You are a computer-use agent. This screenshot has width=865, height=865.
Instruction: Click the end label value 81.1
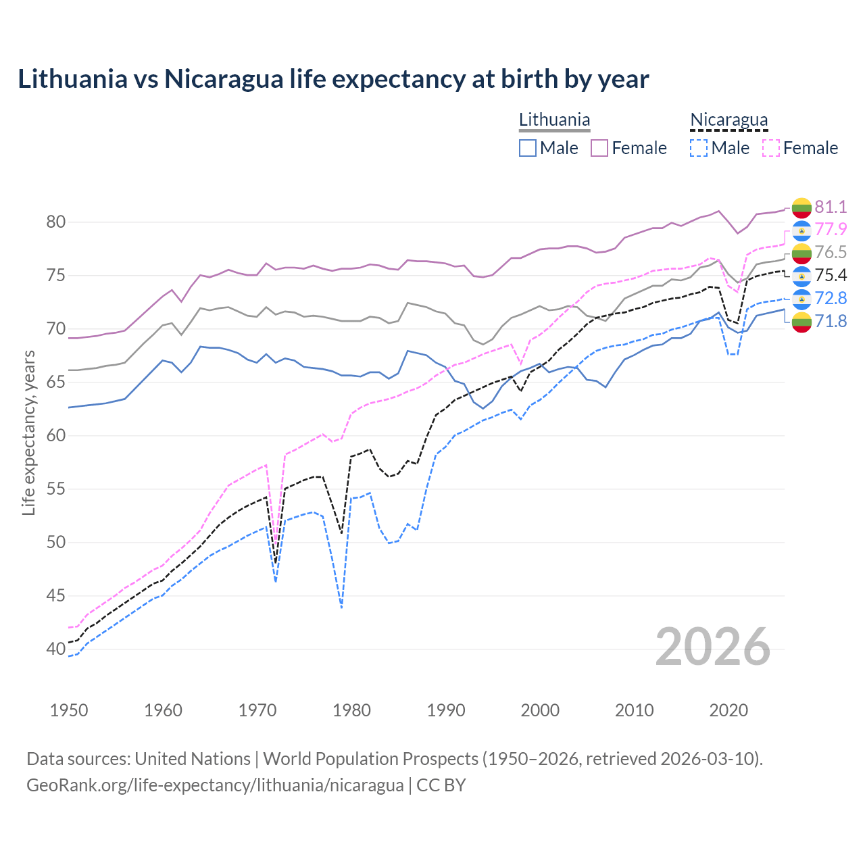coord(831,207)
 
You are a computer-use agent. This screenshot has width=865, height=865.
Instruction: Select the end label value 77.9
coord(831,230)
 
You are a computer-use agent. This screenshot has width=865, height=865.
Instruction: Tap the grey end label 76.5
coord(831,253)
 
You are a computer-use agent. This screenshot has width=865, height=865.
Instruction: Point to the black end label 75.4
coord(831,276)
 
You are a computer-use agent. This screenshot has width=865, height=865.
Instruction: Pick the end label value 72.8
coord(831,299)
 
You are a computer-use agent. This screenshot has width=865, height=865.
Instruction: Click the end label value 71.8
coord(831,321)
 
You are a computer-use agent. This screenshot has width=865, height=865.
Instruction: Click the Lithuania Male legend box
coord(528,148)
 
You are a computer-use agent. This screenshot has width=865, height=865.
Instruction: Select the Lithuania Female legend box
coord(599,148)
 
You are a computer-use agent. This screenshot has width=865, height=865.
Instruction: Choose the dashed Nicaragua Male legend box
coord(699,148)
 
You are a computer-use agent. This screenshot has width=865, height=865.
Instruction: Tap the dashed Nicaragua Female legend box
coord(771,148)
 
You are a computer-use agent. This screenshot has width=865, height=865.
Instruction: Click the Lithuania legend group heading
coord(554,120)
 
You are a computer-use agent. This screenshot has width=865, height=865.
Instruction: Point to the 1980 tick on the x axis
coord(351,710)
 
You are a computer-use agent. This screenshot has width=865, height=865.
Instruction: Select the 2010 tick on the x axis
coord(634,710)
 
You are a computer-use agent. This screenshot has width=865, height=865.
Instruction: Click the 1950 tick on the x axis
coord(69,710)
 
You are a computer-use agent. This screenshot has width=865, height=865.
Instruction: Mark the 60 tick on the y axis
coord(56,436)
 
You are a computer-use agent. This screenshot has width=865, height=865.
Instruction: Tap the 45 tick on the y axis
coord(56,596)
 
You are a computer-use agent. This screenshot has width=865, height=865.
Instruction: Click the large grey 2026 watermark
coord(713,647)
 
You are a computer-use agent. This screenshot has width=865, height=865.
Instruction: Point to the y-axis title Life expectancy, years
coord(29,432)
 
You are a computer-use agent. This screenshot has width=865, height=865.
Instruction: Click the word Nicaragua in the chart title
coord(224,79)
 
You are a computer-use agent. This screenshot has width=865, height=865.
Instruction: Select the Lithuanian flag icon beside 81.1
coord(801,207)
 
